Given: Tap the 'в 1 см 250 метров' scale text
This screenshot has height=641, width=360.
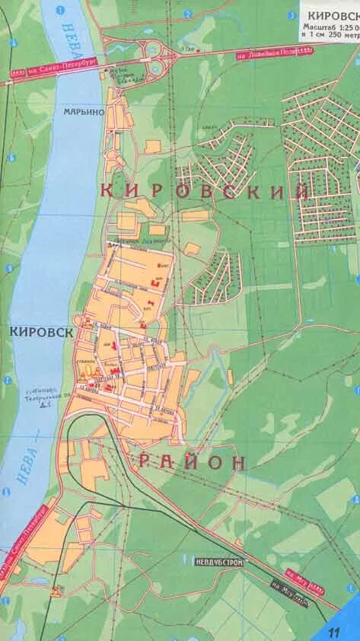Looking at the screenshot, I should (330, 34).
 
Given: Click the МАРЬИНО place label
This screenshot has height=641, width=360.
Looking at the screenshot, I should (83, 112).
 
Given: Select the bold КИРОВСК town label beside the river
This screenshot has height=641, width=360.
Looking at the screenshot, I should (42, 332).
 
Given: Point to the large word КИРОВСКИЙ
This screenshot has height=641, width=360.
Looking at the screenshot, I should (204, 190).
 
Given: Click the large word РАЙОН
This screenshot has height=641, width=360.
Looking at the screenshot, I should (193, 461).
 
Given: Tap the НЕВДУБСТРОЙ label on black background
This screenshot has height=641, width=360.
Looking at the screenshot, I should (213, 561).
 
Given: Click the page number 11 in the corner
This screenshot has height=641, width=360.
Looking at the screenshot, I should (333, 631).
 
